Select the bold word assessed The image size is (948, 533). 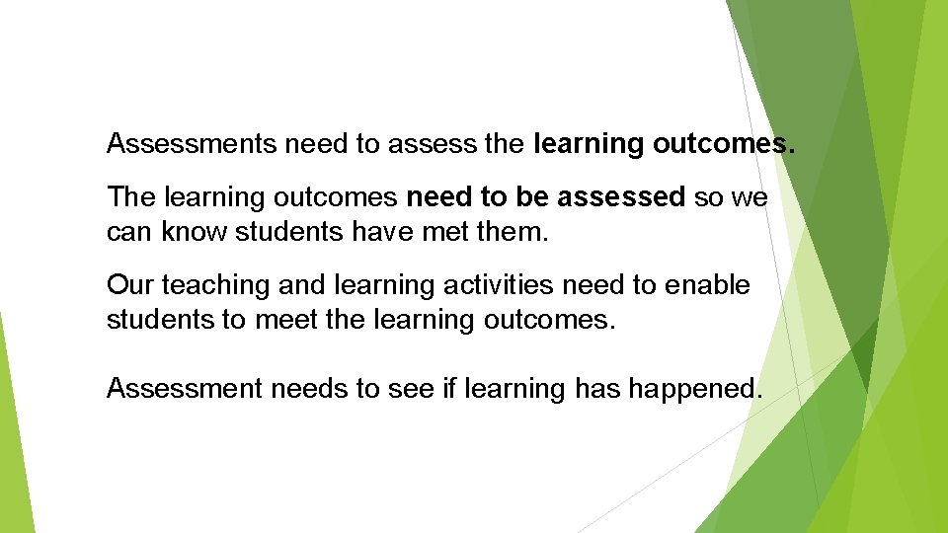pos(621,197)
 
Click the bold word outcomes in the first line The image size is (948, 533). pos(723,144)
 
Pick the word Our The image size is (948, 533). pos(129,285)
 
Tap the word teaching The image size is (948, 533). pos(203,286)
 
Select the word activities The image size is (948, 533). pos(489,285)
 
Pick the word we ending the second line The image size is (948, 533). pos(750,197)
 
